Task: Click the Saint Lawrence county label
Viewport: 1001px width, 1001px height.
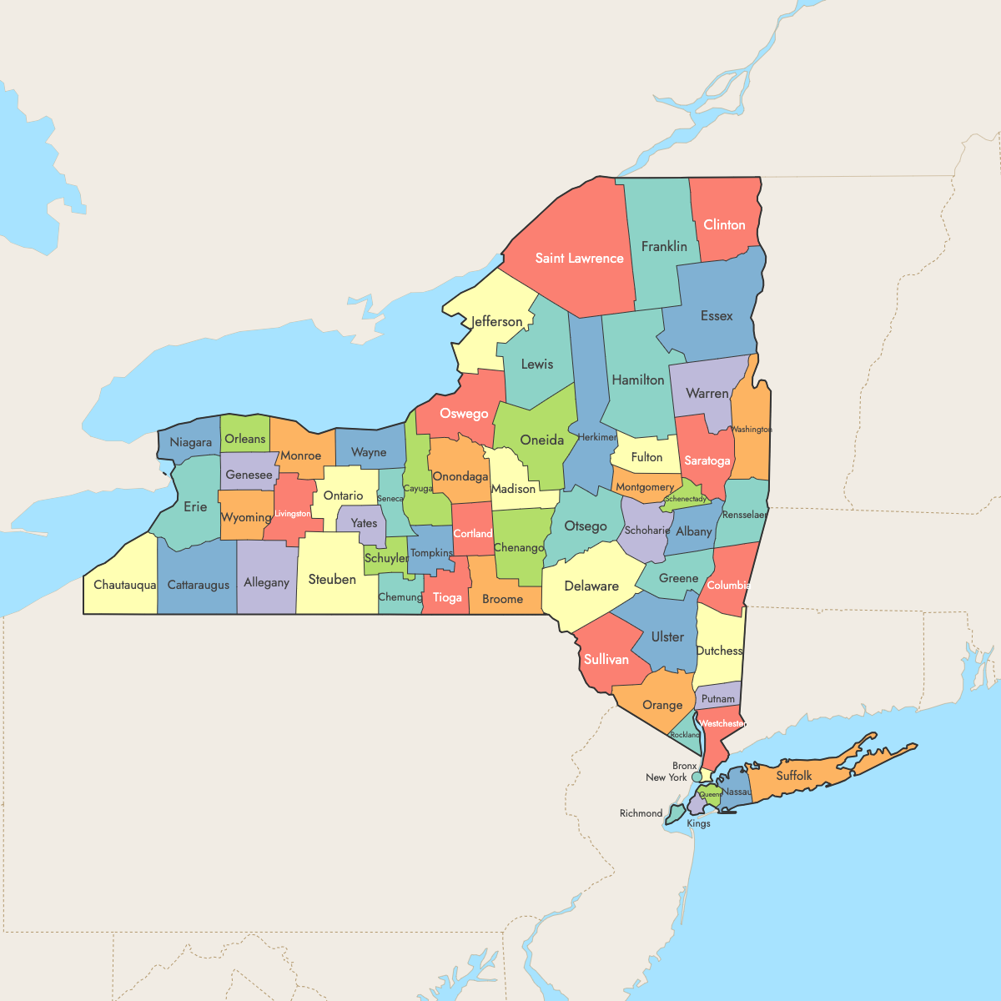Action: (579, 259)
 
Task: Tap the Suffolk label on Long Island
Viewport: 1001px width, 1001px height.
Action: (793, 776)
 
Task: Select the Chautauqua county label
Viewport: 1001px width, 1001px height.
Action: (124, 585)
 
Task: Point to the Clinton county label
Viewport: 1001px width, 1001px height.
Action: (724, 224)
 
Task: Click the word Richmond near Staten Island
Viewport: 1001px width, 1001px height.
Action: (641, 813)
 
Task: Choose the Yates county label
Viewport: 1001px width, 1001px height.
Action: (364, 524)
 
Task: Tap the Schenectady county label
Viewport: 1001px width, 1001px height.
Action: (686, 499)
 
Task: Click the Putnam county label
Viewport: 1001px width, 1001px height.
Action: (718, 699)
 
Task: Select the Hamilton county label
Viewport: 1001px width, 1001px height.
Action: (638, 380)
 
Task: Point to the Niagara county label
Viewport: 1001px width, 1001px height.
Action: (191, 442)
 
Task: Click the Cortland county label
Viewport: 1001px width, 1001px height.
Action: (472, 534)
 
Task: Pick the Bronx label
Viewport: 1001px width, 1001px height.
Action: (684, 766)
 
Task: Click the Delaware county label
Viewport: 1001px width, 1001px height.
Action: (591, 586)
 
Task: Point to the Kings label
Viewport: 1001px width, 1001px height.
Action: (698, 823)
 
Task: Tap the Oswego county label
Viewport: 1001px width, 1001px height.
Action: (464, 414)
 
